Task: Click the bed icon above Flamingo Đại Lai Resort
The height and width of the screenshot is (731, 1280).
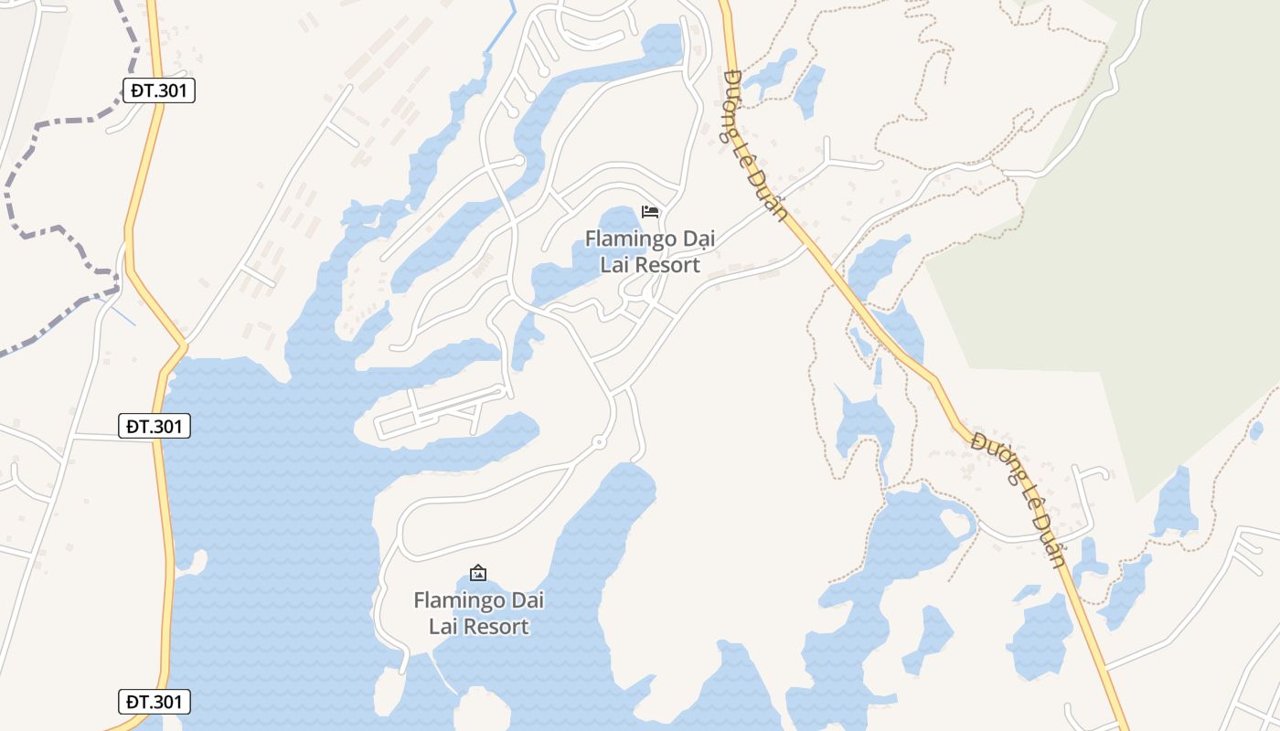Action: click(650, 212)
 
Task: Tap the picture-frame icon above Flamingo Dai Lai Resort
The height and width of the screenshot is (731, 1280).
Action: click(477, 573)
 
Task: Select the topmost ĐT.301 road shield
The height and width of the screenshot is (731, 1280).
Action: click(158, 90)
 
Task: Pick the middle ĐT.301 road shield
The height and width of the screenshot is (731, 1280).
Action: click(155, 426)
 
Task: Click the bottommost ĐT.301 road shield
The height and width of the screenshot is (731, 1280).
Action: click(155, 702)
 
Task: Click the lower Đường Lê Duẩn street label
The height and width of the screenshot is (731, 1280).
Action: click(1019, 499)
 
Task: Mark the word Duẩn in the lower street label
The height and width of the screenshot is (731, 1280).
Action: click(1051, 541)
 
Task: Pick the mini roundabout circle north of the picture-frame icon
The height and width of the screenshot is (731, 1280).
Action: click(599, 442)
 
